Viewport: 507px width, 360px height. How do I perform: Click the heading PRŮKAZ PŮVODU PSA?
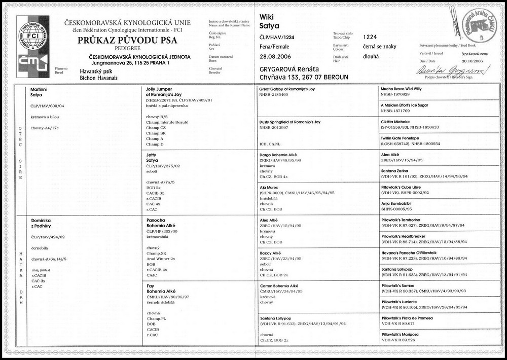tap(116, 44)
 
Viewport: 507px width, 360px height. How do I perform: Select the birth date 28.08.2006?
tap(276, 57)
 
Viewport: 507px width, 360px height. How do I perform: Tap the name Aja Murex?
tap(268, 188)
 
